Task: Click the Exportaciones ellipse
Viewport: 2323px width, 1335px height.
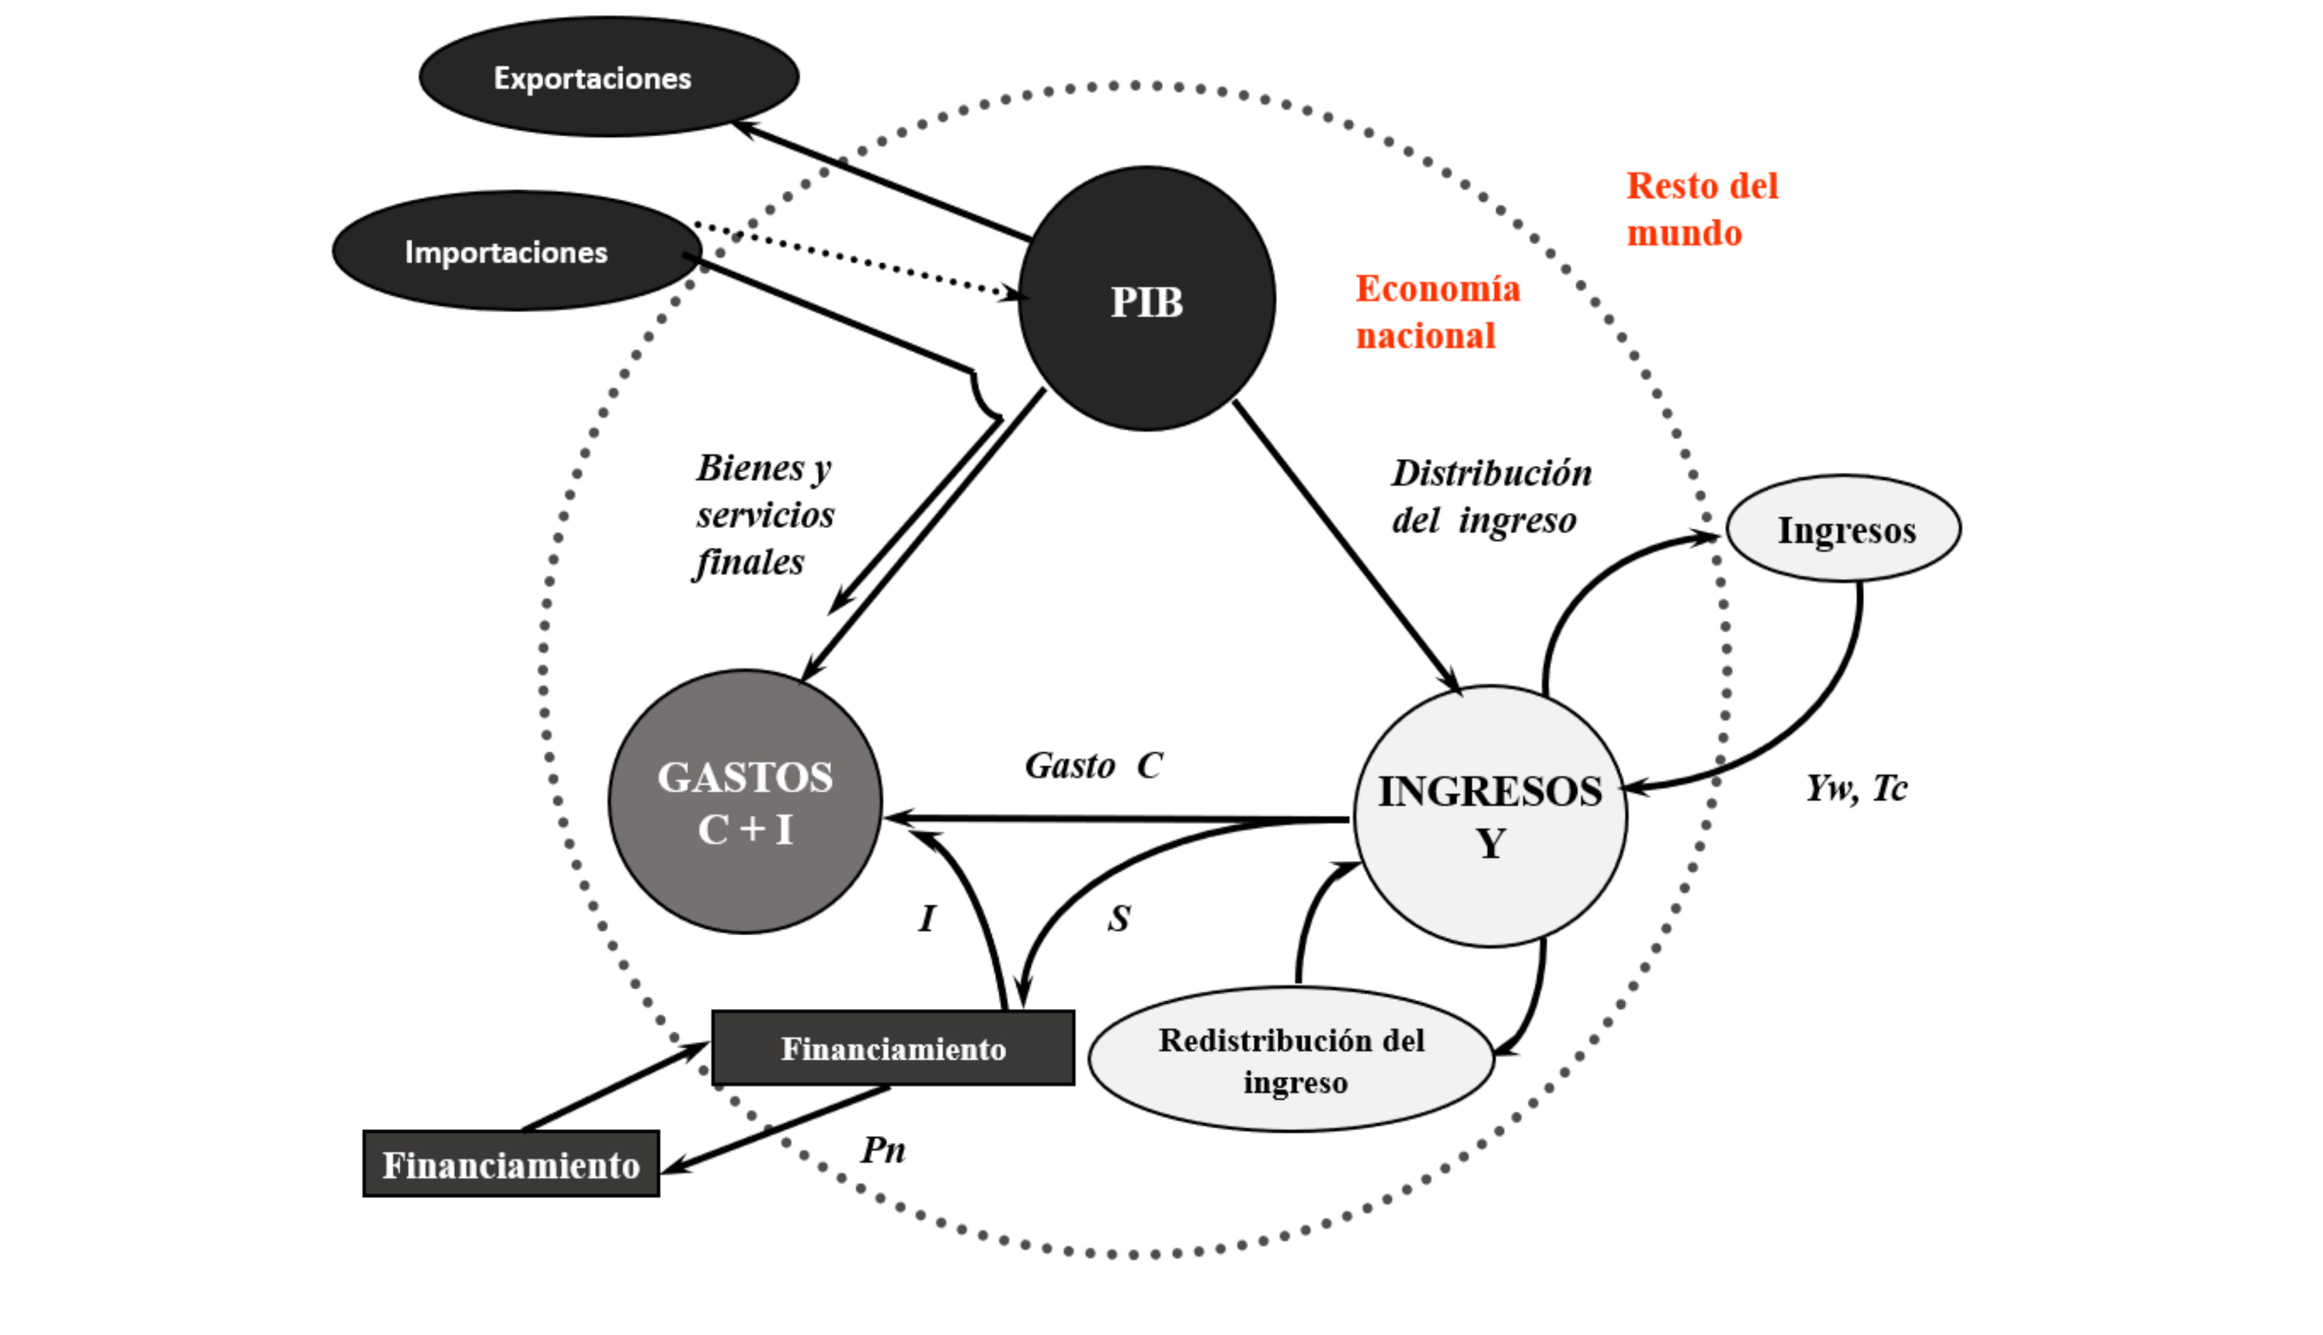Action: click(609, 77)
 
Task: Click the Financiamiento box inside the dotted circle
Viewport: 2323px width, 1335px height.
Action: click(893, 1048)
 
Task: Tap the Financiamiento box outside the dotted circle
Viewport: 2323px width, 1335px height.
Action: click(511, 1164)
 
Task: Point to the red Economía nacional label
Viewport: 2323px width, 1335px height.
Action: click(1437, 312)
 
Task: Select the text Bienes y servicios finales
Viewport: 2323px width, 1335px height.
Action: click(764, 514)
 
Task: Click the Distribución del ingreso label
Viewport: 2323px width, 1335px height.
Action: click(1491, 496)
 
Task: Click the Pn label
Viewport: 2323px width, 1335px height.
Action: click(883, 1150)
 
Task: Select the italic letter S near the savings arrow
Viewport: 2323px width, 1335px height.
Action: click(1119, 918)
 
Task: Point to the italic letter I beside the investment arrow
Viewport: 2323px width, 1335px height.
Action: click(927, 918)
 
